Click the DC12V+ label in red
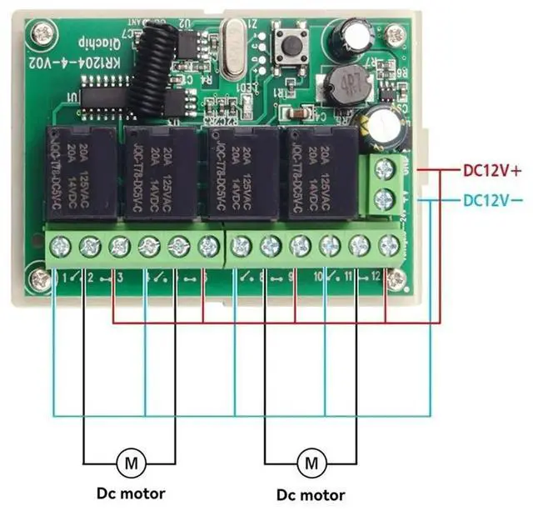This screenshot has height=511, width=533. (x=491, y=171)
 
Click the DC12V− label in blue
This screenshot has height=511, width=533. (x=491, y=200)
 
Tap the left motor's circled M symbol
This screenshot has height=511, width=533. (x=130, y=460)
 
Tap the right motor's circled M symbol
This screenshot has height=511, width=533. (x=311, y=460)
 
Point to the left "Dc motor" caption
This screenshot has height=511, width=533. (x=131, y=493)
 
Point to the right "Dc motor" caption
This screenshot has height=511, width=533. (x=311, y=494)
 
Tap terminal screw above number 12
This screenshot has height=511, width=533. (x=388, y=245)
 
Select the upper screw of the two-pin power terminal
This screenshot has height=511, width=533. (x=384, y=169)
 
